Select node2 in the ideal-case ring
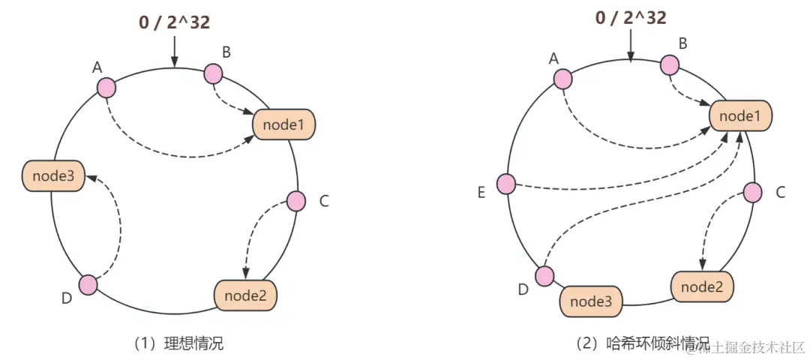point(246,295)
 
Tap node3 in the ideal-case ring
point(51,175)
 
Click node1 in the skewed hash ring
point(740,116)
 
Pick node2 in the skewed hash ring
point(702,286)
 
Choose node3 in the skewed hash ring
point(592,301)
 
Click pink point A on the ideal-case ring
point(106,87)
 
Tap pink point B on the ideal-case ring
point(214,73)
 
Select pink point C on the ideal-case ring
point(296,201)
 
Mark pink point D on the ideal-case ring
point(88,285)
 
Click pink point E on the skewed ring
point(506,184)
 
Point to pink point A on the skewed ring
point(562,78)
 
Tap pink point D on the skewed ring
point(544,276)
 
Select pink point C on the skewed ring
point(753,193)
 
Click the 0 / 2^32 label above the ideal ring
point(174,22)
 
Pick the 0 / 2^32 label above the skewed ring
point(631,17)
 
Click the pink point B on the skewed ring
point(670,65)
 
